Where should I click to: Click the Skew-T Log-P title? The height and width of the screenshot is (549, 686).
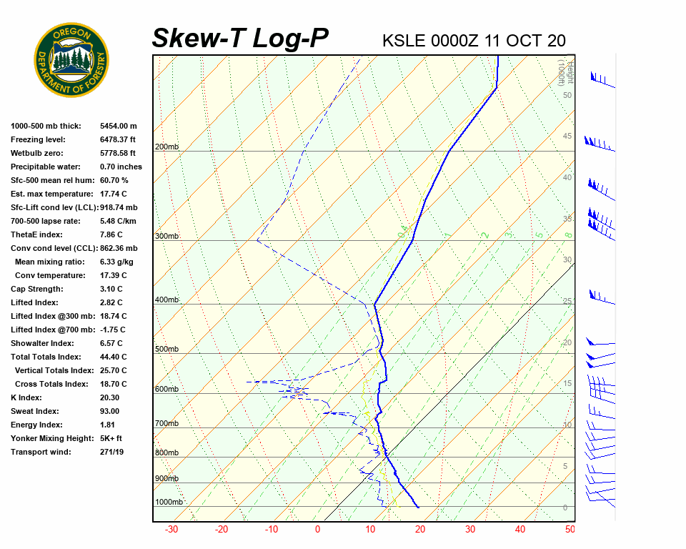(x=240, y=38)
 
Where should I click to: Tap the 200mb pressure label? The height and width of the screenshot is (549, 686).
(x=166, y=147)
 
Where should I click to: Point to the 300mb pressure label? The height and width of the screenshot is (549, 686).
(x=166, y=236)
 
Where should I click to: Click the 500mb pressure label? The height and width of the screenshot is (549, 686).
(x=166, y=349)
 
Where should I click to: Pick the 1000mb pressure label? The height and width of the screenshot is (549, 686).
(x=169, y=502)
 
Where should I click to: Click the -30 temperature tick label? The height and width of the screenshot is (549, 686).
(x=171, y=530)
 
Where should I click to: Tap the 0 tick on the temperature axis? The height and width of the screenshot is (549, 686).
(x=318, y=530)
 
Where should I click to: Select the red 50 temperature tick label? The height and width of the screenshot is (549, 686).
(x=570, y=530)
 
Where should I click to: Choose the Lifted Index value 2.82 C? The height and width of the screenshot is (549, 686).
(x=111, y=302)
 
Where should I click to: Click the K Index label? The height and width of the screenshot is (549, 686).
(x=27, y=397)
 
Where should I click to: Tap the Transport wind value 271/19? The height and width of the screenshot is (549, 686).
(x=113, y=452)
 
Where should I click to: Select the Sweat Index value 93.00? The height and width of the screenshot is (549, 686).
(x=110, y=411)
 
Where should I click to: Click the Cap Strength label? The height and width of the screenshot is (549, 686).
(x=36, y=289)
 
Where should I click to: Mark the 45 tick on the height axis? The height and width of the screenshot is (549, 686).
(x=567, y=137)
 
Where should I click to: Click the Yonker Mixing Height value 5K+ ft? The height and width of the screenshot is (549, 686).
(x=111, y=438)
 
